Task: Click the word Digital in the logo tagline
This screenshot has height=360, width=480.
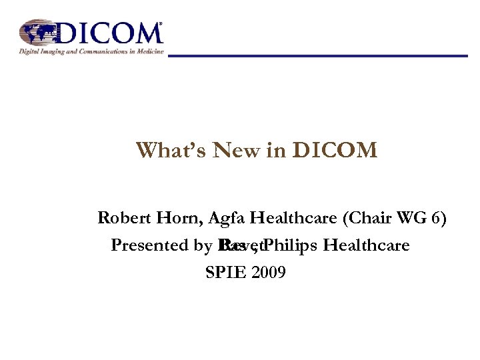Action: tap(29, 51)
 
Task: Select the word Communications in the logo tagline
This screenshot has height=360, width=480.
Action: tap(93, 51)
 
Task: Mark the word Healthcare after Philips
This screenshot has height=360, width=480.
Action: tap(366, 245)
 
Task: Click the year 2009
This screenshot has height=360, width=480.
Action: tap(269, 272)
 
